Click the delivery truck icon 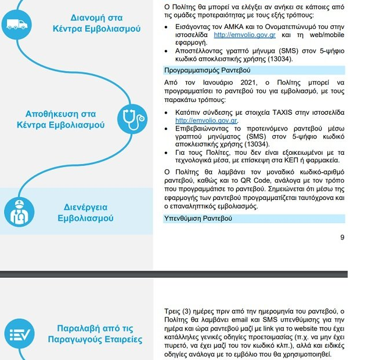(16, 24)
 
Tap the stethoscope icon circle (132, 120)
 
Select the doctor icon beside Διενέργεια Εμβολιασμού (19, 212)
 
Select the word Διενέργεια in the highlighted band (85, 207)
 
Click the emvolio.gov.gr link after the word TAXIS (206, 121)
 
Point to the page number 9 (342, 237)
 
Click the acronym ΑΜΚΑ (230, 27)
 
